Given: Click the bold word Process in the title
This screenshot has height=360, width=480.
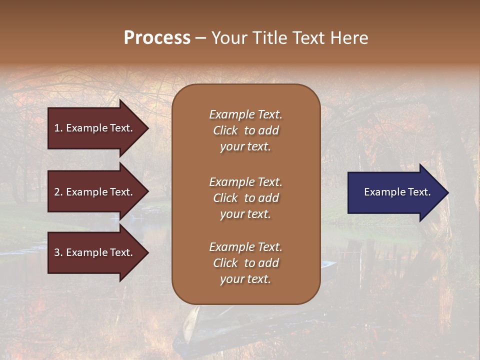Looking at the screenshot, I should coord(157,38).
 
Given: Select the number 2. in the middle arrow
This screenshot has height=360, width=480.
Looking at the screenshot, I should coord(58,192).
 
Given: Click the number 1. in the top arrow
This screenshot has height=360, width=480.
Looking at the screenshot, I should coord(58,128).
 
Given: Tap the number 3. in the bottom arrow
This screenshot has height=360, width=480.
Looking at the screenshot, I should coord(58,252).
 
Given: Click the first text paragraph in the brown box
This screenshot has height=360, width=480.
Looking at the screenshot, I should coord(245,130).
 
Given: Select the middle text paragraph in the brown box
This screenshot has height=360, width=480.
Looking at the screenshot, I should coord(245,198).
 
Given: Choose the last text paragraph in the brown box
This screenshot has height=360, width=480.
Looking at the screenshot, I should coord(245,263).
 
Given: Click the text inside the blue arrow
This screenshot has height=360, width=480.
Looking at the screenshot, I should coord(397,192).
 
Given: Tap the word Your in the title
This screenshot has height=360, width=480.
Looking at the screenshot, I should coord(228,38).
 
